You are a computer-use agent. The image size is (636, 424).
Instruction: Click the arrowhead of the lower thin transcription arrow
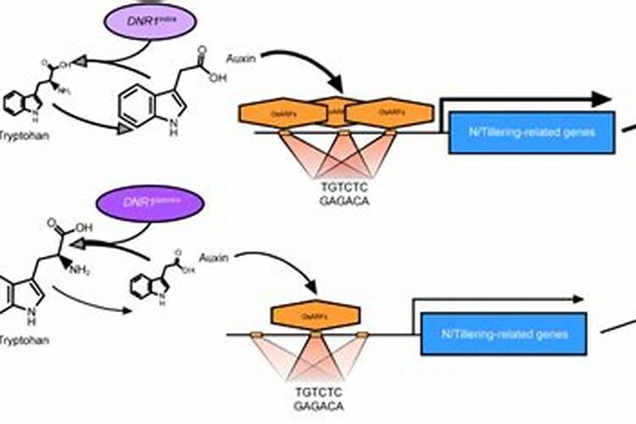click(x=578, y=299)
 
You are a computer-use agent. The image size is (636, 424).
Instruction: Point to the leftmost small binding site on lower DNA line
click(x=256, y=337)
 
